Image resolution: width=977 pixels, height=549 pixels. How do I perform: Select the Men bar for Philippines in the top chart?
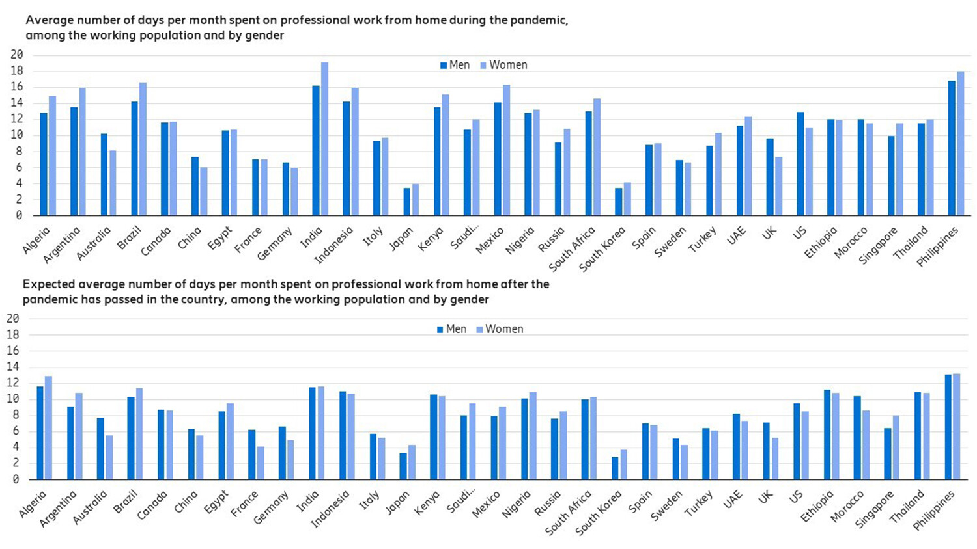(952, 148)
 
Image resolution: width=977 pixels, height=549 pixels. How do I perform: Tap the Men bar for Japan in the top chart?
(407, 202)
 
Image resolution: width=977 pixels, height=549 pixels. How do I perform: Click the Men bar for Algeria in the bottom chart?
(40, 433)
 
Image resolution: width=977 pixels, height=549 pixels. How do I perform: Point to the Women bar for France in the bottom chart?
(261, 462)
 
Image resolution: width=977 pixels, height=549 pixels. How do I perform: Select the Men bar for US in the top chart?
(800, 163)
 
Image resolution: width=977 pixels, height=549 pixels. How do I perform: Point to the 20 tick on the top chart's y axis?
(16, 55)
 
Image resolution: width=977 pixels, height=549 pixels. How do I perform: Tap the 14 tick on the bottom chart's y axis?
(13, 367)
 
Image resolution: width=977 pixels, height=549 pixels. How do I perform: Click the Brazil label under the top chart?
(130, 239)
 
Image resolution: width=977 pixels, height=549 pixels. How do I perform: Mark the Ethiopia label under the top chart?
(820, 243)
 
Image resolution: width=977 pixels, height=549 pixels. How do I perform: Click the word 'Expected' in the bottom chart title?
(48, 284)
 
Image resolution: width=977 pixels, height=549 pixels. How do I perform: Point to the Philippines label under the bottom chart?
(934, 510)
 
